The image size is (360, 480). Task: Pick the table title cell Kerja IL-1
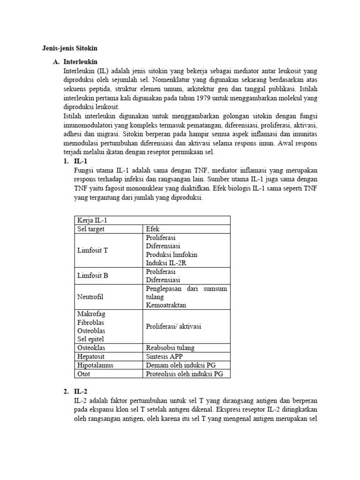(95, 220)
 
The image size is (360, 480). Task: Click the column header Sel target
(91, 229)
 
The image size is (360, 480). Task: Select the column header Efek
(153, 229)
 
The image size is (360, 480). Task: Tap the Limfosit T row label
(92, 250)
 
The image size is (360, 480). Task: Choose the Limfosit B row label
(92, 276)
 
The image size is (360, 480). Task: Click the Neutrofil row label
(90, 297)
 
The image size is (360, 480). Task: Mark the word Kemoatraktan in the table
(166, 305)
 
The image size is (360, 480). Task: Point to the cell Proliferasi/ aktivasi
(173, 326)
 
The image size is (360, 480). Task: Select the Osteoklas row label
(91, 348)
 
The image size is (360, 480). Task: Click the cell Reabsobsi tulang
(170, 348)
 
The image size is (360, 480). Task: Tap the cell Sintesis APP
(164, 356)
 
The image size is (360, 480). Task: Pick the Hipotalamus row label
(96, 365)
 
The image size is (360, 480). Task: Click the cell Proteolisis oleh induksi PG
(185, 374)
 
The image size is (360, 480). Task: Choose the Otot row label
(84, 374)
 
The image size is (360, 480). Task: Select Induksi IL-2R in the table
(165, 263)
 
